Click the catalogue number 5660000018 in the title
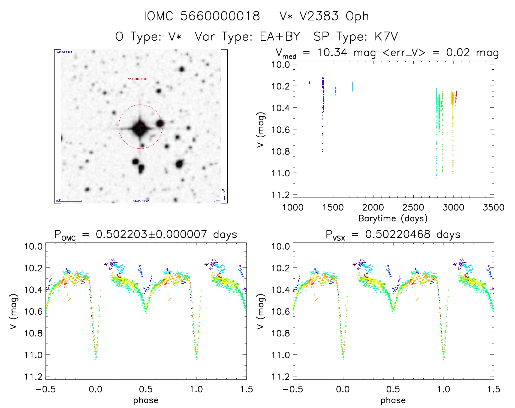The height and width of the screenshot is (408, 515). [x=220, y=16]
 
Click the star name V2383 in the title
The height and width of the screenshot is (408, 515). [x=319, y=16]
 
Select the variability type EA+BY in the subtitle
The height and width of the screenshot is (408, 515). [x=280, y=37]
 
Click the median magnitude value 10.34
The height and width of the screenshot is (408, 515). [x=332, y=52]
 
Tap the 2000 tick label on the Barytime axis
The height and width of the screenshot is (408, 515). [x=373, y=208]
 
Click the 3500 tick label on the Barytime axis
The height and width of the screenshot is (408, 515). [x=493, y=208]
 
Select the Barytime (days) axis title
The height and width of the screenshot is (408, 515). [x=393, y=218]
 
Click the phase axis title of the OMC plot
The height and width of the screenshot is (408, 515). [x=146, y=400]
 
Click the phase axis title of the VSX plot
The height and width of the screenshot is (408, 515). [x=393, y=400]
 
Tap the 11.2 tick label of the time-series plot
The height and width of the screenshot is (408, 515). [x=280, y=195]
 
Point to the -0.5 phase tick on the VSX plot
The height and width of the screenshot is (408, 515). [x=293, y=389]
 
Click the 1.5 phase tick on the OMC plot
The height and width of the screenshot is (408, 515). [x=246, y=389]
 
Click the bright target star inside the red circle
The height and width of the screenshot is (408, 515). [x=140, y=127]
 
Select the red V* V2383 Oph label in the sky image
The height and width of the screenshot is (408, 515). [x=137, y=79]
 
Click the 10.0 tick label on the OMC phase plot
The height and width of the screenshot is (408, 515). [x=33, y=246]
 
